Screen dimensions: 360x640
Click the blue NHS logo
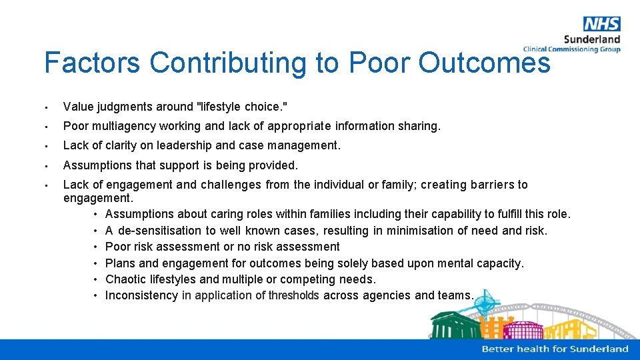click(x=601, y=24)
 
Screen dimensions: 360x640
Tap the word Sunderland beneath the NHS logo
click(x=592, y=39)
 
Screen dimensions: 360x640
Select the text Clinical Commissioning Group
click(x=571, y=49)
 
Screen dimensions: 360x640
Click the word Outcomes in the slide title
click(x=485, y=63)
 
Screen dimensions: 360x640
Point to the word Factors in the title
click(x=92, y=63)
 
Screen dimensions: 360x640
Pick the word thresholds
click(x=294, y=295)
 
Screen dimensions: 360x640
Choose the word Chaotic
click(x=127, y=279)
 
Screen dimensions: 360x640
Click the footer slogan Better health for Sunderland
click(x=555, y=349)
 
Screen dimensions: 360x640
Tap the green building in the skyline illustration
click(x=455, y=326)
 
